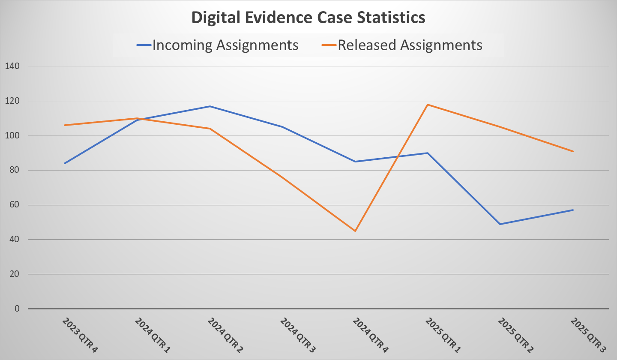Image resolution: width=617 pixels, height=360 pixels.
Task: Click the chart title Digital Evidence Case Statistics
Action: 308,18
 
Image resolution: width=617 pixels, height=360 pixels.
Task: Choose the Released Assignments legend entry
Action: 410,45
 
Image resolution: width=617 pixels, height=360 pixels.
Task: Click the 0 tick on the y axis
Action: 17,309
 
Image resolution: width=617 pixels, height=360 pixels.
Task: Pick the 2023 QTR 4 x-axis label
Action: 80,335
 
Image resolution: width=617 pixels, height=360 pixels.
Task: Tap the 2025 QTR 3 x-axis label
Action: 588,335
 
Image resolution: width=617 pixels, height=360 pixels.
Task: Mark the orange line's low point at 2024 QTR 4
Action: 355,231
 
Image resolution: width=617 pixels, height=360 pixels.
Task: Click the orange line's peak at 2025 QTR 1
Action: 428,105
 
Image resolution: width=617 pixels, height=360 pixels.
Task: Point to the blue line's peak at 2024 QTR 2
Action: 210,106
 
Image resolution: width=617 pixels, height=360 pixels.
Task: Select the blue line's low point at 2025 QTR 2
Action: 500,224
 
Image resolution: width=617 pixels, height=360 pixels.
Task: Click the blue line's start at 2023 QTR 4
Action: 65,163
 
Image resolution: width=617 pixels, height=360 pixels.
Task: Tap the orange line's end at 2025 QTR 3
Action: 573,151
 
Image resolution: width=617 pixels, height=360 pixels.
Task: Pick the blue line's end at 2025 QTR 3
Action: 573,210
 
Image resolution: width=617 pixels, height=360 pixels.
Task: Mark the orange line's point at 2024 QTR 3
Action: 282,177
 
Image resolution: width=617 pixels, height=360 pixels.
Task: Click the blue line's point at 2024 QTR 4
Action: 355,162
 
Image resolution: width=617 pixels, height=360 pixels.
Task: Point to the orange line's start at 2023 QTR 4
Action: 65,125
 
